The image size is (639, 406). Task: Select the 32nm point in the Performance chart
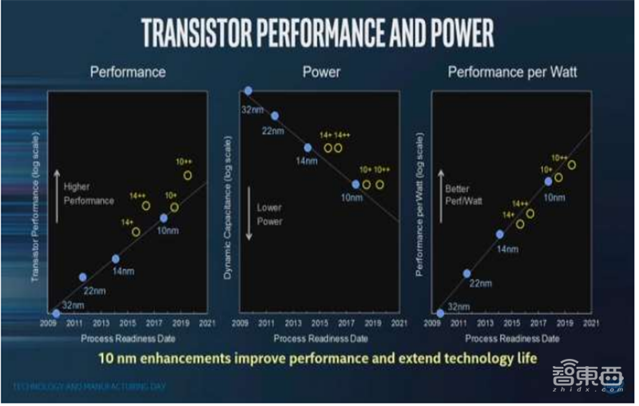pyautogui.click(x=56, y=314)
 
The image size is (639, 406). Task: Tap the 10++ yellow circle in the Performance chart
pyautogui.click(x=188, y=175)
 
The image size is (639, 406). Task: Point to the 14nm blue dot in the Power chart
pyautogui.click(x=308, y=148)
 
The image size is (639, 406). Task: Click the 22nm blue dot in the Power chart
pyautogui.click(x=275, y=116)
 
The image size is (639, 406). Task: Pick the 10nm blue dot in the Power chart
pyautogui.click(x=355, y=184)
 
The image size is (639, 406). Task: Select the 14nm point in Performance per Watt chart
pyautogui.click(x=500, y=234)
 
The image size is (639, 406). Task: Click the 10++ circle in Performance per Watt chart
pyautogui.click(x=571, y=165)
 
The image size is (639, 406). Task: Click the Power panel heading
pyautogui.click(x=321, y=72)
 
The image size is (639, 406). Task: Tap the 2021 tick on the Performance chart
pyautogui.click(x=207, y=324)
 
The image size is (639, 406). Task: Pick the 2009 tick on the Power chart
pyautogui.click(x=240, y=324)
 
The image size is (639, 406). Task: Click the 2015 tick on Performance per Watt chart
pyautogui.click(x=511, y=324)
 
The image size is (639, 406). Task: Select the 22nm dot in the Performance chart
pyautogui.click(x=83, y=277)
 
